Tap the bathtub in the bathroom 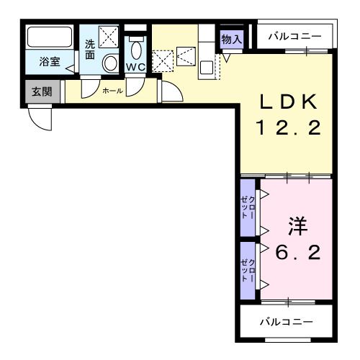tap(49, 38)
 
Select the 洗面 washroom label tap(90, 49)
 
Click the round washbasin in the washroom tap(110, 63)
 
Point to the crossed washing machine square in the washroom tap(109, 35)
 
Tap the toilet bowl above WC tap(136, 47)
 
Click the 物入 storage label tap(231, 38)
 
